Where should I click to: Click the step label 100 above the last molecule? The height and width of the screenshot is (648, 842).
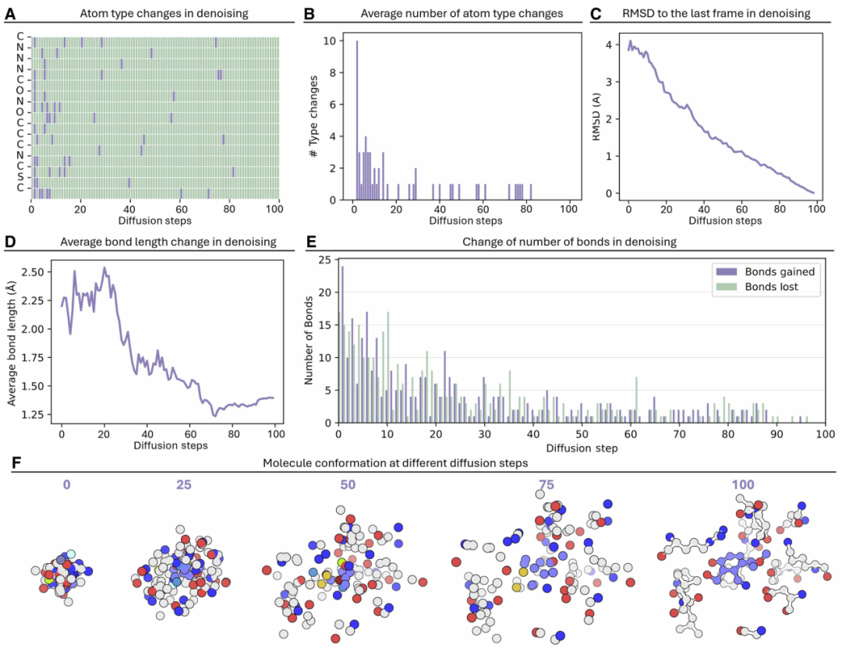[x=743, y=484]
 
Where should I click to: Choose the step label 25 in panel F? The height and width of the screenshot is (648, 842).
[x=183, y=484]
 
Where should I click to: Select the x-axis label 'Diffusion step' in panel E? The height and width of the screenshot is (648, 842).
[x=581, y=448]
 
